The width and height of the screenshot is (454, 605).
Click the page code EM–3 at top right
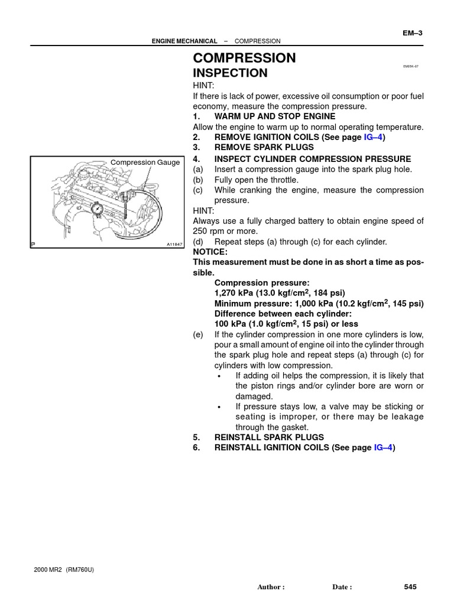tap(412, 33)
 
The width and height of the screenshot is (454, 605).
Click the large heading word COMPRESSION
tap(244, 58)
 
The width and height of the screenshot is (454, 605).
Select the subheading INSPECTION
tap(230, 73)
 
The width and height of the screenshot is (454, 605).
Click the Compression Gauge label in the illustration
tap(145, 162)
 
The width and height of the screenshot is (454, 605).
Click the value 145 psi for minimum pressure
tap(407, 304)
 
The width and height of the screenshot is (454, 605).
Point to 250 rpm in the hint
tap(210, 232)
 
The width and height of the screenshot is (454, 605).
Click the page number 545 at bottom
tap(410, 587)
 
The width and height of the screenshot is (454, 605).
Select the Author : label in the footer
tap(271, 587)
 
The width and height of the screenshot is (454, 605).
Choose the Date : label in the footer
tap(342, 587)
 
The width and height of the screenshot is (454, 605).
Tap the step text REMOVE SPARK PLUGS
tap(264, 147)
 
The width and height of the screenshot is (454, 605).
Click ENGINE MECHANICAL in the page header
tap(184, 41)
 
